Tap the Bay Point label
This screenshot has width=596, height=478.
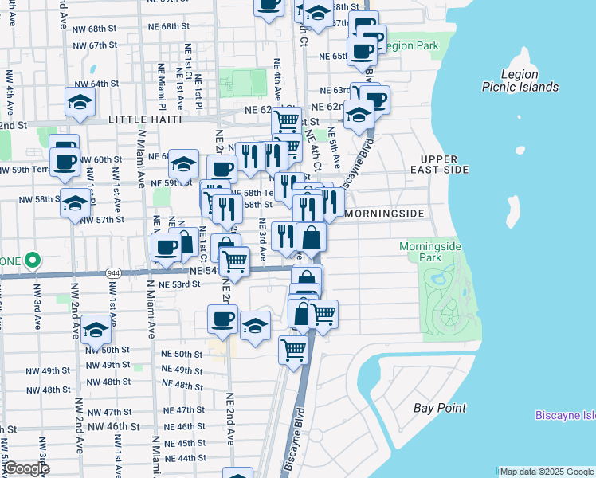pos(440,409)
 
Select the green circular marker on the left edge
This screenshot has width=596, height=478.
pos(32,261)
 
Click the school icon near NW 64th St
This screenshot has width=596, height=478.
pos(80,102)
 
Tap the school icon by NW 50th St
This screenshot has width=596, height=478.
pos(96,331)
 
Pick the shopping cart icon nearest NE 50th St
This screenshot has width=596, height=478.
pos(293,348)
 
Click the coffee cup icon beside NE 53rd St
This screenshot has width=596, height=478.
pos(222,319)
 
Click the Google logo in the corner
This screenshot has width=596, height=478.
pos(25,468)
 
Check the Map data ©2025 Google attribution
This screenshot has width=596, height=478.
pos(546,472)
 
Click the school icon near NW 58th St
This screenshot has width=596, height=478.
pos(76,203)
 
